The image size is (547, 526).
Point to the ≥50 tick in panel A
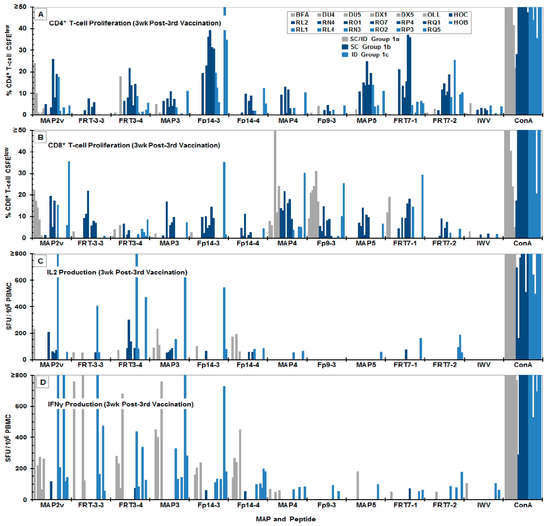pyautogui.click(x=20, y=7)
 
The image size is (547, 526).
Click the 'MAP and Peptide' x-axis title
pyautogui.click(x=285, y=519)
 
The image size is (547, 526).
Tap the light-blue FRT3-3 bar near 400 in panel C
pyautogui.click(x=97, y=333)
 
